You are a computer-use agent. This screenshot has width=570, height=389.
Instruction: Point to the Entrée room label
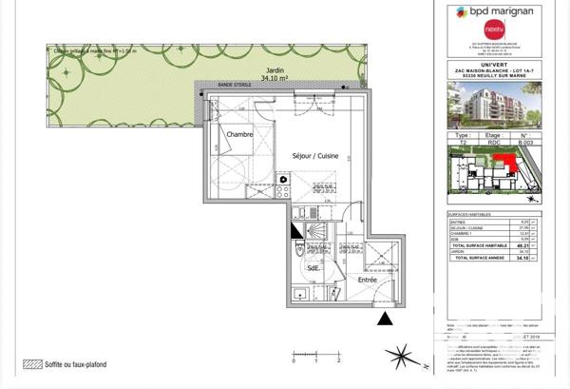367,280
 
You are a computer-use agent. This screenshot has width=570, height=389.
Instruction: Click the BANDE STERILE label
234,86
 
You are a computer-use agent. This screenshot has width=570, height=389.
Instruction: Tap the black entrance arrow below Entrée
384,319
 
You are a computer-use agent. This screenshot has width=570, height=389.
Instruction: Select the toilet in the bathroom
300,249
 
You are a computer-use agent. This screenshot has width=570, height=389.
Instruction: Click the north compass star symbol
397,358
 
